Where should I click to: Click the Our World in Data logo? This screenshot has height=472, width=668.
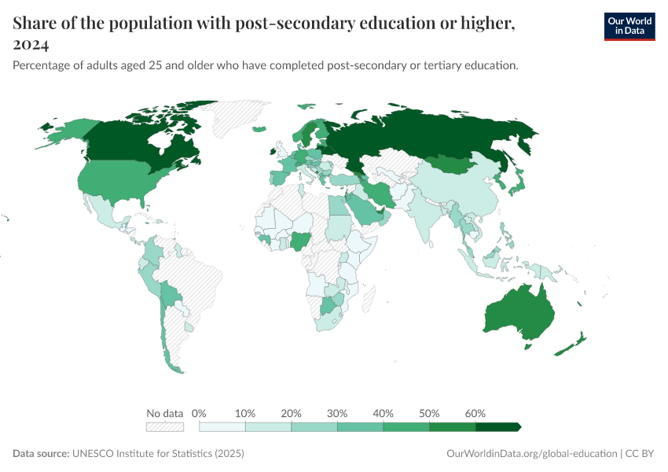click(629, 25)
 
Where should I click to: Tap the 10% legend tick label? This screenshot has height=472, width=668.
click(245, 413)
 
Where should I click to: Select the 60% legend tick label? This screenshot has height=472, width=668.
click(475, 413)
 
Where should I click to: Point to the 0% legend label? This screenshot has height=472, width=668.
click(199, 413)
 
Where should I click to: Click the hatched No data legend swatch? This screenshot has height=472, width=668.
click(165, 426)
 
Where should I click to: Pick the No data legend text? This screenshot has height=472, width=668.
click(165, 413)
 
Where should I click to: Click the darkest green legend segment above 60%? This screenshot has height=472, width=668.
click(497, 426)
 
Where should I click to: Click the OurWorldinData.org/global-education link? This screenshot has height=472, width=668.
click(530, 454)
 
